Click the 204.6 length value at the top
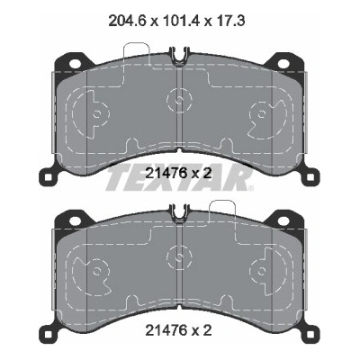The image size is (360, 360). [127, 21]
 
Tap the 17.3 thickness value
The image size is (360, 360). [229, 21]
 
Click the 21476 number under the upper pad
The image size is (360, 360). [167, 173]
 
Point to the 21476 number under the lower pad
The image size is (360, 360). [167, 330]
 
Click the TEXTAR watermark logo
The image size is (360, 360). [179, 180]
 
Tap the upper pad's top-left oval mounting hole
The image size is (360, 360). [75, 64]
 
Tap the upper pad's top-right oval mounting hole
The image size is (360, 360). [283, 64]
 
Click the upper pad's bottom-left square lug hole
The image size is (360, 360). [49, 177]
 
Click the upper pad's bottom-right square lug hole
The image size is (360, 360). [310, 177]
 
